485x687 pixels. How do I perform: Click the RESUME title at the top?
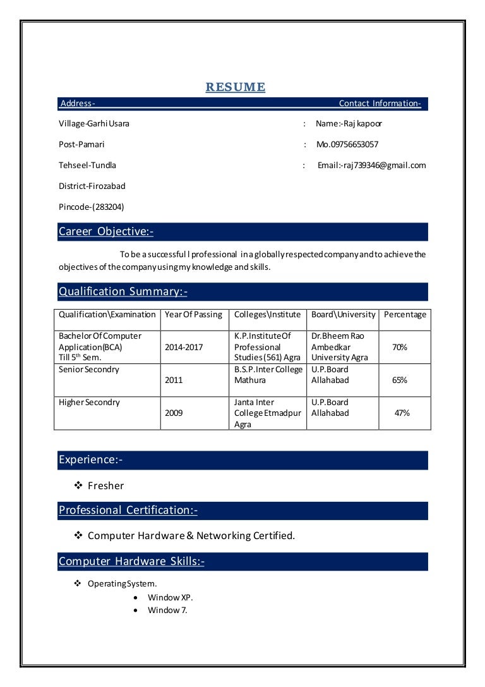pyautogui.click(x=235, y=87)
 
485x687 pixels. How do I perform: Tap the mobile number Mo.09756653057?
pyautogui.click(x=347, y=145)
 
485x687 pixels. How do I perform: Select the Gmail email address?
pyautogui.click(x=371, y=166)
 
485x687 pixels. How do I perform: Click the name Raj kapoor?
pyautogui.click(x=349, y=124)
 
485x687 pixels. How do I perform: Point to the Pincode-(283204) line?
pyautogui.click(x=92, y=207)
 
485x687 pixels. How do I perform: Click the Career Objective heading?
pyautogui.click(x=105, y=232)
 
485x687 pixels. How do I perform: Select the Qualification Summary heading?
pyautogui.click(x=123, y=291)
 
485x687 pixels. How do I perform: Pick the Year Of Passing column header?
pyautogui.click(x=193, y=315)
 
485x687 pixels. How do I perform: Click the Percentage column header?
pyautogui.click(x=405, y=315)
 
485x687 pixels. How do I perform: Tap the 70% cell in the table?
pyautogui.click(x=400, y=348)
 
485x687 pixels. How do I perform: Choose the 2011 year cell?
pyautogui.click(x=174, y=380)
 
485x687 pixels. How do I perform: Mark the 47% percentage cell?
pyautogui.click(x=402, y=413)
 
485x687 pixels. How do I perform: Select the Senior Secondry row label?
pyautogui.click(x=89, y=370)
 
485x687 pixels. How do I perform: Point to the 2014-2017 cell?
pyautogui.click(x=184, y=348)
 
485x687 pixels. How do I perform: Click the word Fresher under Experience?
pyautogui.click(x=105, y=486)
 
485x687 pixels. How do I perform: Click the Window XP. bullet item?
pyautogui.click(x=171, y=597)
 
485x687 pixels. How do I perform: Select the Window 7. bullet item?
pyautogui.click(x=167, y=611)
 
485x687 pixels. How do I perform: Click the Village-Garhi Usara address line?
pyautogui.click(x=94, y=124)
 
